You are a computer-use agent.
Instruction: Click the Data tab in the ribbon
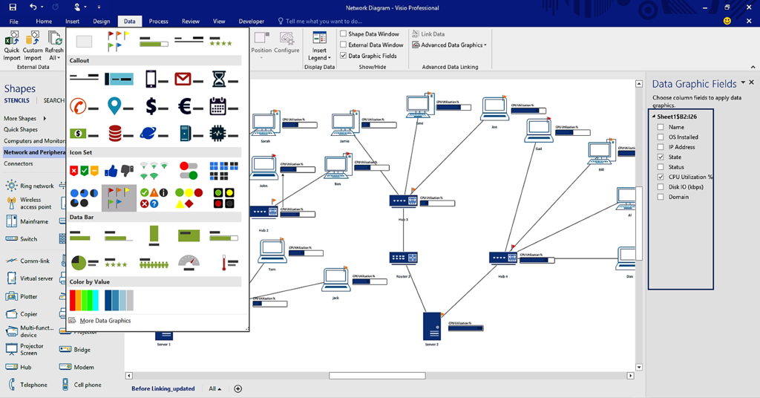click(x=129, y=22)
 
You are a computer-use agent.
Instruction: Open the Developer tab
click(x=251, y=22)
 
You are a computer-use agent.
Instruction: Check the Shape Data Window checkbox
click(x=344, y=34)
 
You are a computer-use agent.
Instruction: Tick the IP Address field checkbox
click(x=661, y=147)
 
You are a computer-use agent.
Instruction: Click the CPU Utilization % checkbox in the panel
click(x=661, y=177)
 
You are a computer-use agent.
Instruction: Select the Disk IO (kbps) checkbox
click(x=661, y=187)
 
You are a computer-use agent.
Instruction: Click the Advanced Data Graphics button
click(x=450, y=45)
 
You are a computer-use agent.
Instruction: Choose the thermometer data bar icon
click(x=224, y=262)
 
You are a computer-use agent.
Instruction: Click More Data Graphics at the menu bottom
click(x=105, y=321)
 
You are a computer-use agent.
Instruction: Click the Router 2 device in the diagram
click(x=403, y=258)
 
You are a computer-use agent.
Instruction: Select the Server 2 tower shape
click(x=431, y=325)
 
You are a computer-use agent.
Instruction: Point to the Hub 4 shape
click(x=502, y=258)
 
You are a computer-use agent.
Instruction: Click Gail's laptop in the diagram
click(x=538, y=130)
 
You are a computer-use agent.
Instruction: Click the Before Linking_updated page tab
click(x=163, y=388)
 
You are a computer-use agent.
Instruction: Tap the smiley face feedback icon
click(x=727, y=21)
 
